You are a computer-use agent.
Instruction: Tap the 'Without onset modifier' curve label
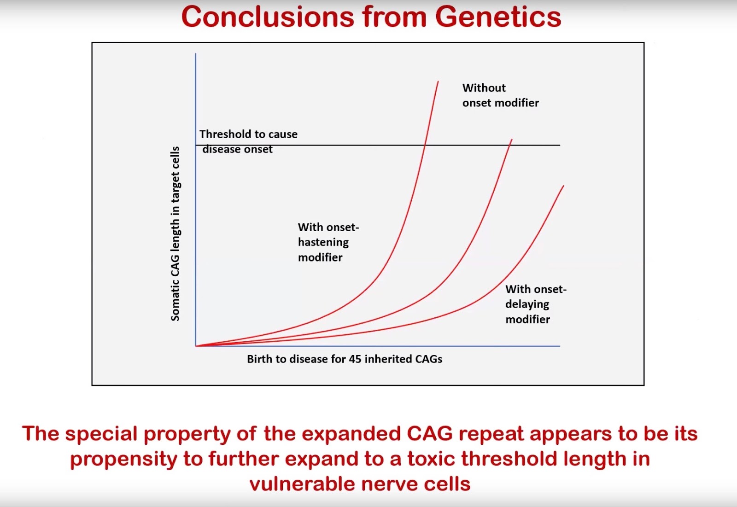click(x=500, y=95)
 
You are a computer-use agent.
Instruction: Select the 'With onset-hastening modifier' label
click(x=328, y=242)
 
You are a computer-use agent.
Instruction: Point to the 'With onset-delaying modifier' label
click(x=535, y=304)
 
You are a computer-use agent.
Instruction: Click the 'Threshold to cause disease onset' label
click(x=248, y=141)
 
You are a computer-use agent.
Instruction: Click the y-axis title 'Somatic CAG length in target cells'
click(x=175, y=233)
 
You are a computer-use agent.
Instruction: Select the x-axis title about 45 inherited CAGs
click(x=345, y=359)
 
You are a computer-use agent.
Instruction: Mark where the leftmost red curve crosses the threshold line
click(x=424, y=145)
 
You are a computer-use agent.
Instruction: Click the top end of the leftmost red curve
click(x=438, y=82)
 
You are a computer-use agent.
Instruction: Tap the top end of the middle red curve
click(x=512, y=140)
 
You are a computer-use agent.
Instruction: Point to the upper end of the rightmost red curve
click(x=563, y=186)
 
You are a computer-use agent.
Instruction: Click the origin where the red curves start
click(x=196, y=346)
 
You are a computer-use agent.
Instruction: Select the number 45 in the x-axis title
click(x=355, y=359)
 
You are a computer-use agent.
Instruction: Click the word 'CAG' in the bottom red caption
click(x=429, y=434)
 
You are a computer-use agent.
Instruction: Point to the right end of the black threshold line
click(x=559, y=145)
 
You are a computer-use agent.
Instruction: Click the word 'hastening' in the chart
click(x=323, y=242)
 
